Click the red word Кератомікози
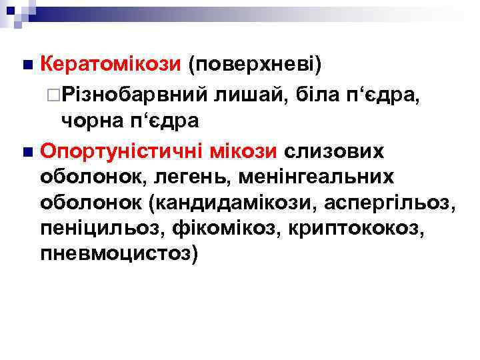click(111, 65)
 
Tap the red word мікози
click(243, 151)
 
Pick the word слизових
click(335, 151)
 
